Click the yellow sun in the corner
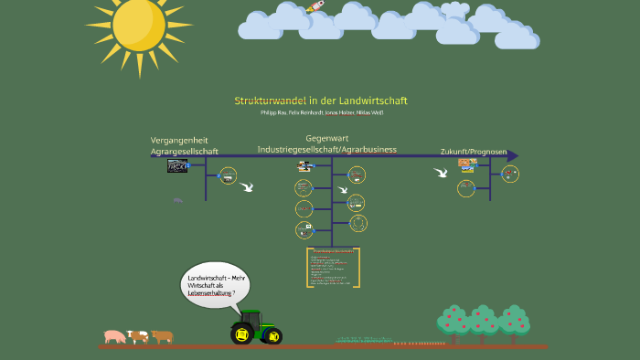(x=139, y=25)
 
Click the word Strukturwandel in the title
(x=270, y=101)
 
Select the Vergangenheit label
(x=179, y=140)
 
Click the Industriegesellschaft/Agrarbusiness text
(x=326, y=149)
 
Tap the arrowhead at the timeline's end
(x=513, y=155)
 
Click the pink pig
(x=114, y=336)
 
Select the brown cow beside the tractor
(x=163, y=336)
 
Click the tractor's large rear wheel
(x=244, y=333)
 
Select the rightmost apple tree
(x=514, y=322)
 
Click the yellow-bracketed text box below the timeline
(x=333, y=268)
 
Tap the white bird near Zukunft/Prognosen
(x=441, y=172)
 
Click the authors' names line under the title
(x=322, y=112)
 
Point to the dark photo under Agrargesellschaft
(x=177, y=165)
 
